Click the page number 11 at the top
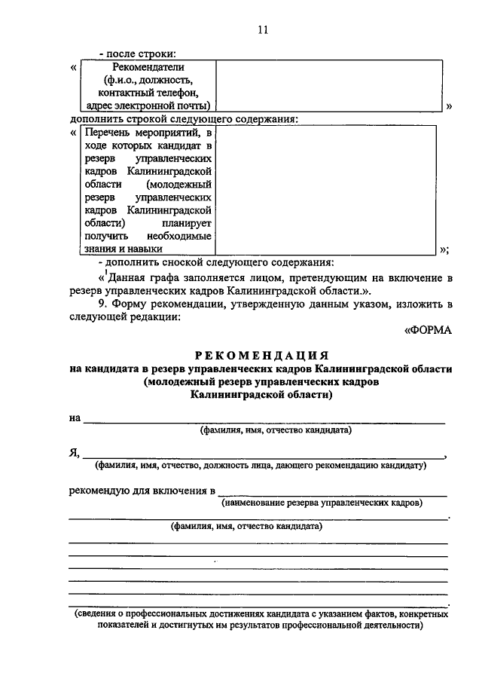coord(262,30)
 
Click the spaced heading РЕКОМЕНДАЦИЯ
coord(261,355)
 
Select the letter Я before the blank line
coord(73,452)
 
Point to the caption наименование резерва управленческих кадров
coord(327,502)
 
